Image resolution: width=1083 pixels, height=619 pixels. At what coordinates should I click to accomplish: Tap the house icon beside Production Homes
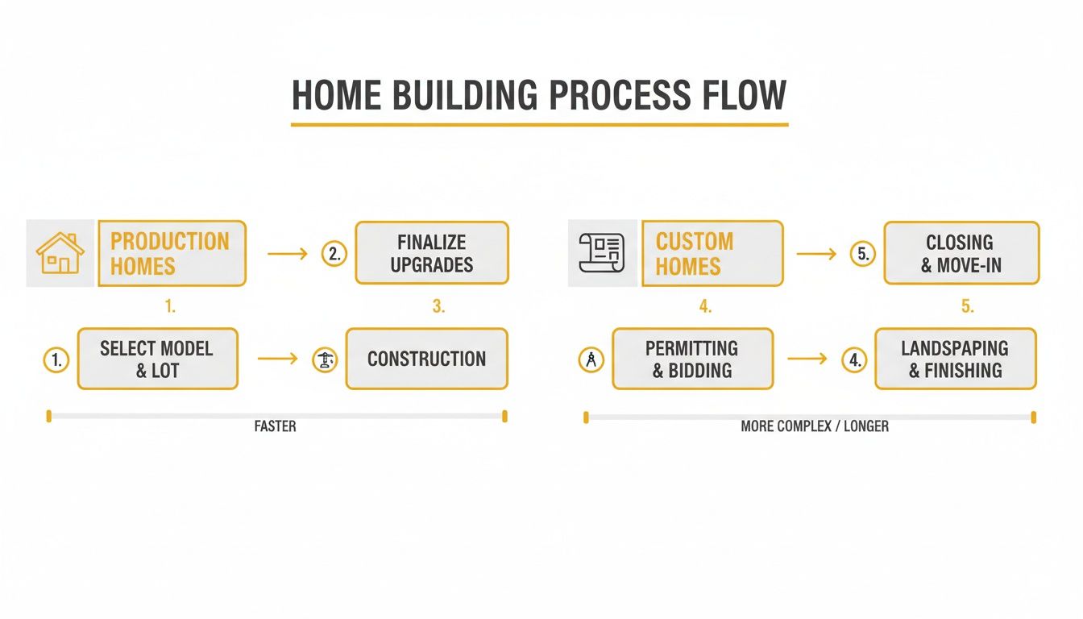pos(60,253)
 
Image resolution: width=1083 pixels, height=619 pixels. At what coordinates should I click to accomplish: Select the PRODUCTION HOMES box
pos(172,253)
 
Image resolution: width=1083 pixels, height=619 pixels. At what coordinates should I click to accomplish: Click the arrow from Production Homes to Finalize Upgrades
pos(287,254)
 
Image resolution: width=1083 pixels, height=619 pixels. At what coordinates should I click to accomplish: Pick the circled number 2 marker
pos(334,254)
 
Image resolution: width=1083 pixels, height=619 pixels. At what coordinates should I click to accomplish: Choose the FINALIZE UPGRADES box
pos(432,253)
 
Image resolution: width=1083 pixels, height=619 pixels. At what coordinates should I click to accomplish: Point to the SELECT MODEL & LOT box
pos(157,359)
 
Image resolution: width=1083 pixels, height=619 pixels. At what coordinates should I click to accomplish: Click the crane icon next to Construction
pos(325,359)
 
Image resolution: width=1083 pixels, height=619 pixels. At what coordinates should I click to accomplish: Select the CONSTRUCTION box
pos(426,359)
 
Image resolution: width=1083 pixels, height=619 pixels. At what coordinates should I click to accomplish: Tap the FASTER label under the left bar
pos(275,426)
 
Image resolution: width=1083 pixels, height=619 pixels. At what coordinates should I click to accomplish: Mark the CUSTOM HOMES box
pos(712,253)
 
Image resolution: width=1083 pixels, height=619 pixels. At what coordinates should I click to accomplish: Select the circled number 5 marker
pos(862,254)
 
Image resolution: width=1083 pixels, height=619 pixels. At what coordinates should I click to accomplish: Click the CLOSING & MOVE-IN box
pos(961,253)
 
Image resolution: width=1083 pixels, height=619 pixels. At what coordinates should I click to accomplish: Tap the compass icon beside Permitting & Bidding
pos(591,359)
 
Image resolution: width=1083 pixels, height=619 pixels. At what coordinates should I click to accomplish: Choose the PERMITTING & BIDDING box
pos(692,359)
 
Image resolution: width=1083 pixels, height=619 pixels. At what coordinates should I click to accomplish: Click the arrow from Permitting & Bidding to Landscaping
pos(807,359)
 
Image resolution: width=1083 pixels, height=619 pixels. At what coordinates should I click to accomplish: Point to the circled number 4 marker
pos(854,360)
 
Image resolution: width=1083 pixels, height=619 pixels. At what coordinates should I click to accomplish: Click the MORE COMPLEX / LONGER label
pos(814,426)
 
